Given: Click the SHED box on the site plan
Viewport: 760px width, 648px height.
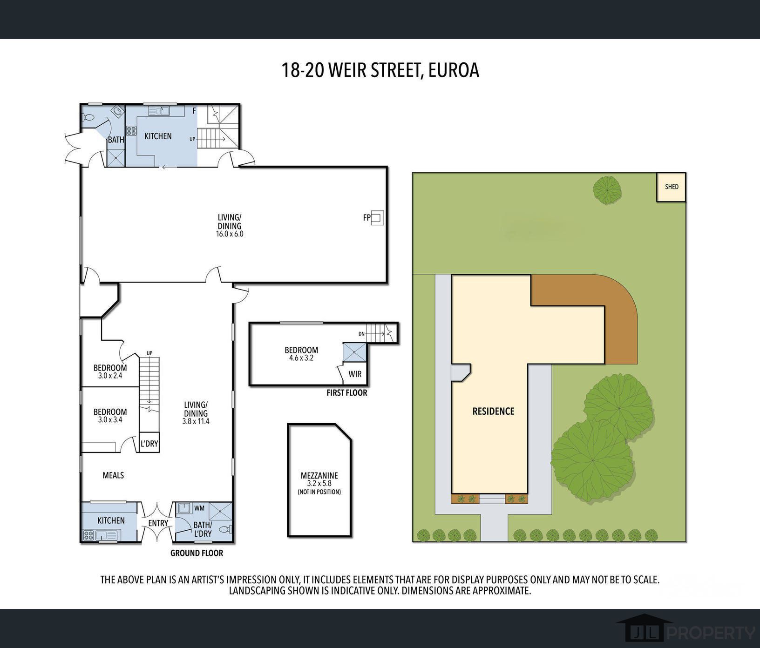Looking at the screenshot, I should point(671,187).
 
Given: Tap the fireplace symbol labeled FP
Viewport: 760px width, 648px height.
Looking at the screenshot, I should point(377,217).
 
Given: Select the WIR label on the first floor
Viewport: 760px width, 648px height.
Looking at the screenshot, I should point(355,374).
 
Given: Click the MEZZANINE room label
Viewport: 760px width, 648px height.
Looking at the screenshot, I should point(319,476).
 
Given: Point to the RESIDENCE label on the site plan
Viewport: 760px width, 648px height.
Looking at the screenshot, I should point(493,412).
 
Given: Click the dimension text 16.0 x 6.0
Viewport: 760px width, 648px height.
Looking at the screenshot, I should point(229,234).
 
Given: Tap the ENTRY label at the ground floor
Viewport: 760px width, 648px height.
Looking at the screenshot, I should point(158,523).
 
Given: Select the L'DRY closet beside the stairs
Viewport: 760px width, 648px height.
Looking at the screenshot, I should point(149,444).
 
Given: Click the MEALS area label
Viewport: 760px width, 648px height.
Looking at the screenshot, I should point(113,475).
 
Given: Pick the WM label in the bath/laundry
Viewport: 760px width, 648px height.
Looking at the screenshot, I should point(199,508).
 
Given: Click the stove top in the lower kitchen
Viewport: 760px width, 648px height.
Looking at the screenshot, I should point(88,535).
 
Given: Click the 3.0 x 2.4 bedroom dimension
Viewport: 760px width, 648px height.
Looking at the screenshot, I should point(110,376).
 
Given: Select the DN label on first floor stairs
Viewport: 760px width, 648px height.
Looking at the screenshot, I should point(361,334).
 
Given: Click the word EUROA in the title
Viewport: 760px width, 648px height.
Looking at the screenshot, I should point(454,70).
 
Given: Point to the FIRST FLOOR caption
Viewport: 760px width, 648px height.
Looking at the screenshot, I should point(347,393).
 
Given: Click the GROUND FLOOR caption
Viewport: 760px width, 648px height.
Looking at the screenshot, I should point(197,553).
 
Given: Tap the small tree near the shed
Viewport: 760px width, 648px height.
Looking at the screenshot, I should point(607,189).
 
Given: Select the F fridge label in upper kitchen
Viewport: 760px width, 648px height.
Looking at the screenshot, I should point(194,111).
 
